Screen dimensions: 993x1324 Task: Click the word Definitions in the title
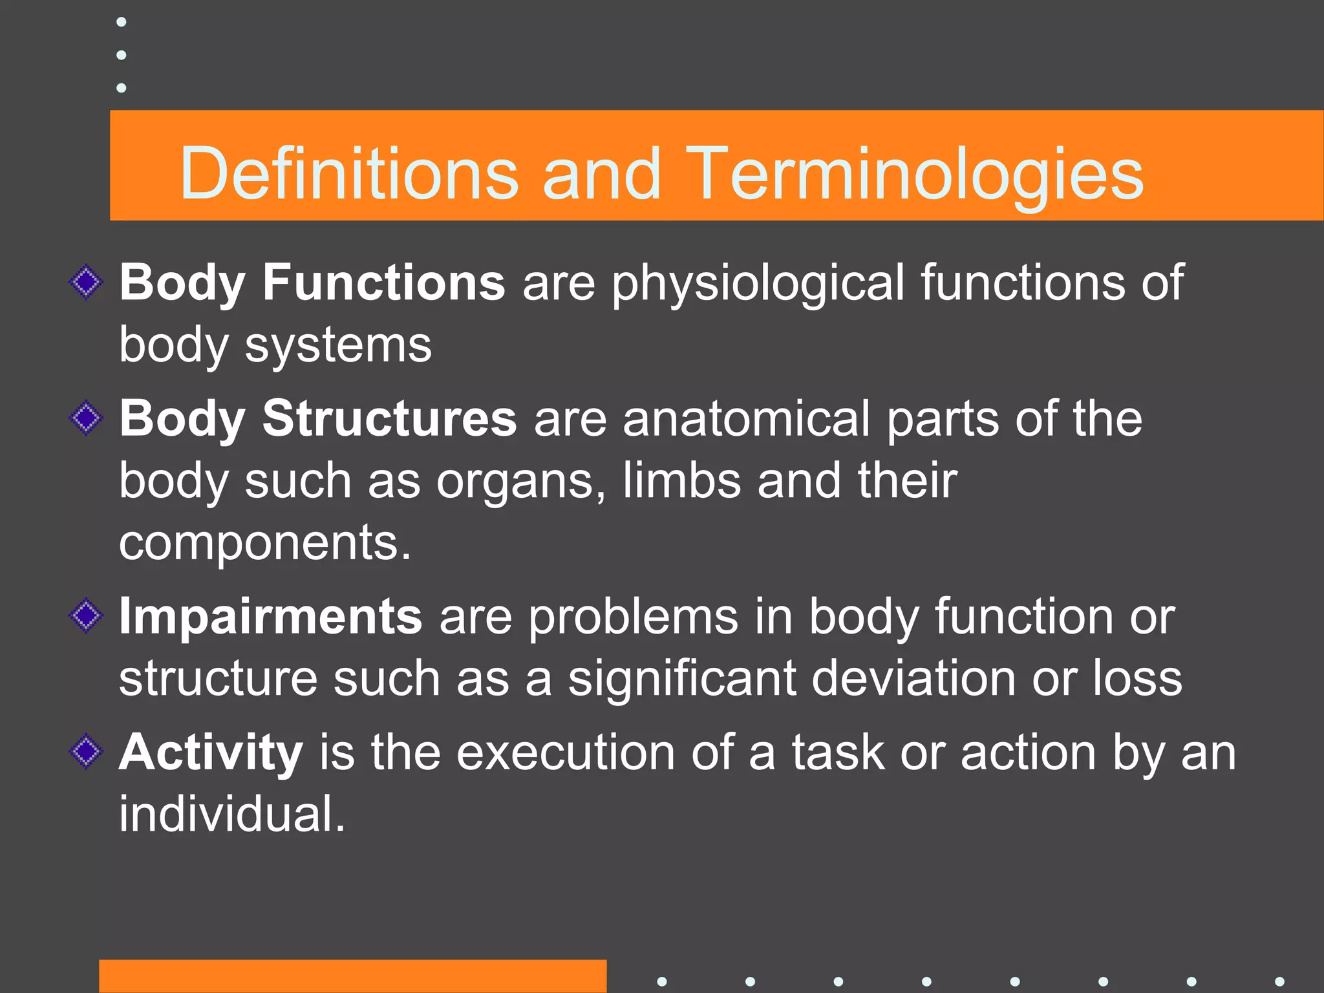coord(349,173)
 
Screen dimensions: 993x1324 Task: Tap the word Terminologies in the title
coord(915,173)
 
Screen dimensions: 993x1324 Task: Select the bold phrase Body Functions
coord(312,283)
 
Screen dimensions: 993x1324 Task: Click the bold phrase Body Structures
coord(317,418)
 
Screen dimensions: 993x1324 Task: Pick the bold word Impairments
coord(271,616)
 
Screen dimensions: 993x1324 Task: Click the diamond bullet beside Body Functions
coord(86,283)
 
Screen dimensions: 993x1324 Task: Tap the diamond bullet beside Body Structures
coord(86,418)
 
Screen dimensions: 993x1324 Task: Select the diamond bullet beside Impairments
coord(86,616)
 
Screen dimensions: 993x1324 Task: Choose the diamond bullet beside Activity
coord(86,752)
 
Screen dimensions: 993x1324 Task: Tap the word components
coord(265,543)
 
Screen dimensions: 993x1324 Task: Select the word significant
coord(682,678)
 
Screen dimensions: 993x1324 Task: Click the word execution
coord(566,753)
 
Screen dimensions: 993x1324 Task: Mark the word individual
coord(231,814)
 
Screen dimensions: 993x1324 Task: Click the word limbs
coord(681,481)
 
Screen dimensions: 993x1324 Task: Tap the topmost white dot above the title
coord(121,23)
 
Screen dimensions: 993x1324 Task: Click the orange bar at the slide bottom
coord(352,976)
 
